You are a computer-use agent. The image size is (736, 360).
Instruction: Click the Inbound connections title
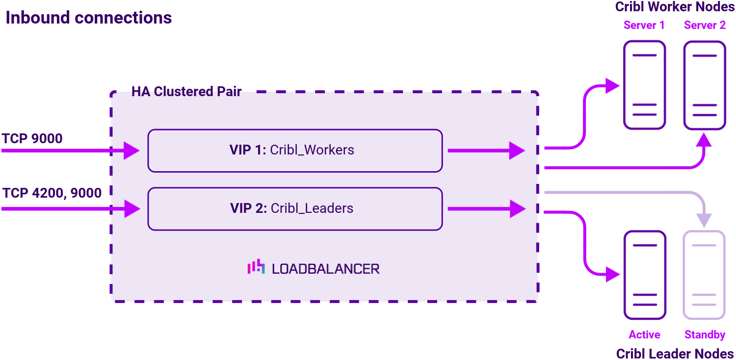click(x=89, y=18)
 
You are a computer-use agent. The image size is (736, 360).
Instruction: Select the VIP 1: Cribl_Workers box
click(x=295, y=151)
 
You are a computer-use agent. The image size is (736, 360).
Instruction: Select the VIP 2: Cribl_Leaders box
click(x=295, y=208)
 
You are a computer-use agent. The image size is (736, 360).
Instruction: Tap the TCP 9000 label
click(x=32, y=139)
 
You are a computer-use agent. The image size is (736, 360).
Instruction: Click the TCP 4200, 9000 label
click(x=52, y=193)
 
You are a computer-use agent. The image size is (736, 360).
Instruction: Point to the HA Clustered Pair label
click(x=186, y=92)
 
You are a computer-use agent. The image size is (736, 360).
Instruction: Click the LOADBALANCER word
click(x=325, y=269)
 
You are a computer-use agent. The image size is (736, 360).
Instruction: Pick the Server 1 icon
click(x=644, y=85)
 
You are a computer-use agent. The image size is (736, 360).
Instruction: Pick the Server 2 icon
click(x=705, y=85)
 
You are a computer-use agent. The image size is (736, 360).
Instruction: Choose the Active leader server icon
click(x=644, y=275)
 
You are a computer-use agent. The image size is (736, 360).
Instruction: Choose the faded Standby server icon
click(x=705, y=275)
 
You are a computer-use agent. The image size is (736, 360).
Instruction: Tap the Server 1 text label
click(x=644, y=26)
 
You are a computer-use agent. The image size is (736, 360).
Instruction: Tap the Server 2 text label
click(x=705, y=26)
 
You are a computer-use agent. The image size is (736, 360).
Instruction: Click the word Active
click(x=644, y=334)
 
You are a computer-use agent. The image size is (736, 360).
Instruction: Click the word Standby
click(x=705, y=334)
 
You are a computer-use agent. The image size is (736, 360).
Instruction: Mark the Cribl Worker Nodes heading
click(x=675, y=7)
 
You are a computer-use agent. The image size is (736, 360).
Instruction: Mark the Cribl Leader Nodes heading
click(x=675, y=354)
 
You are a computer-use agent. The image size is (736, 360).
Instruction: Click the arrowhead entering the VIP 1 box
click(x=131, y=151)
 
